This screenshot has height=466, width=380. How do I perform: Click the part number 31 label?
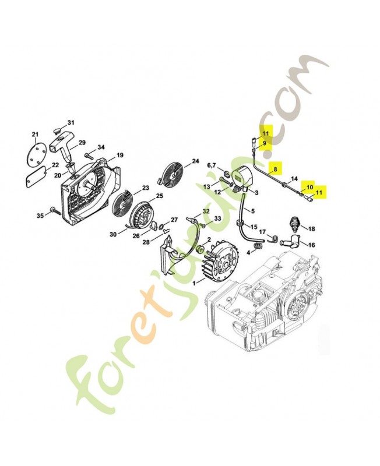(x=71, y=122)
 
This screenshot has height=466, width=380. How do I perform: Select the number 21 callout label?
(x=35, y=135)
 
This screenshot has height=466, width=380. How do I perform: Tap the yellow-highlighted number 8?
(x=275, y=169)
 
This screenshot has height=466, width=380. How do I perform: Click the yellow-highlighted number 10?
(x=309, y=187)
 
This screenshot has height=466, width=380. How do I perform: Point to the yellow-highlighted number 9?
(x=264, y=143)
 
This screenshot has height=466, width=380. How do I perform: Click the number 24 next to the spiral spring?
(x=195, y=161)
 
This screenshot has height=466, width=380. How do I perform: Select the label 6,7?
(x=212, y=165)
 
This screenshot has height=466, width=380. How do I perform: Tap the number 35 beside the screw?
(x=40, y=216)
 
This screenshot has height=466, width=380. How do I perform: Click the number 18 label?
(x=311, y=229)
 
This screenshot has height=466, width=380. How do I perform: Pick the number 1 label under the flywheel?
(x=194, y=283)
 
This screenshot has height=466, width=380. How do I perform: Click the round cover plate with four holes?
(x=36, y=151)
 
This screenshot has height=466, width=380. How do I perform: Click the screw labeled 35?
(x=55, y=210)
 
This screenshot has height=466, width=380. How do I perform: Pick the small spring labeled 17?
(x=273, y=238)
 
